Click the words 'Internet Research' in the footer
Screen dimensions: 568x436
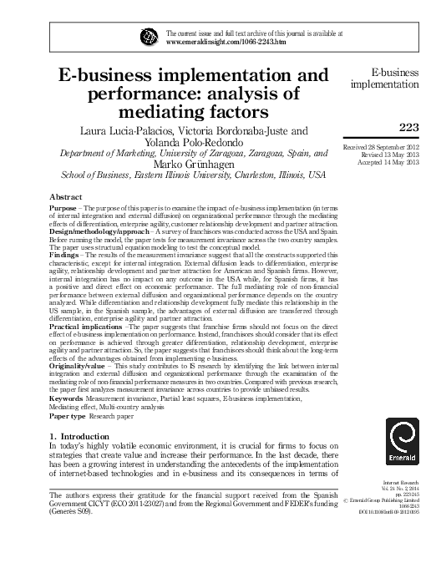coord(398,507)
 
